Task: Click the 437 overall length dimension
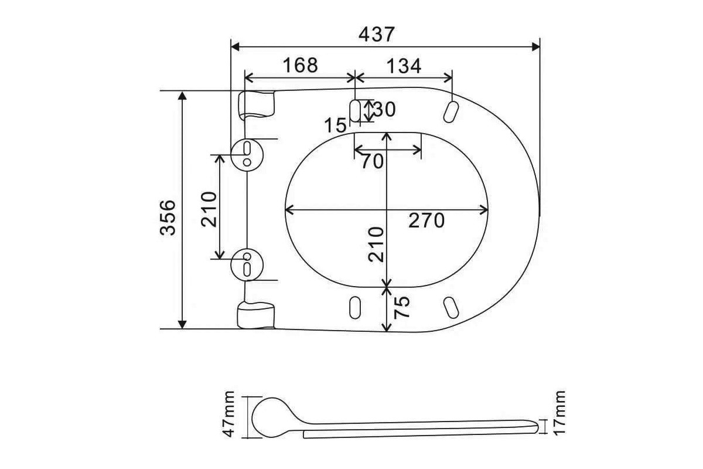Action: (376, 34)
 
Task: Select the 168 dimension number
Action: (301, 65)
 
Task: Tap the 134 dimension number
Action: (404, 66)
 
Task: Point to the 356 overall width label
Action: (168, 217)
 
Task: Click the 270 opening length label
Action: (426, 220)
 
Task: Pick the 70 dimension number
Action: (373, 161)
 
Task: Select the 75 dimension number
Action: (402, 307)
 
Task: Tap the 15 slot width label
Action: (335, 125)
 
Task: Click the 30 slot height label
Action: (385, 110)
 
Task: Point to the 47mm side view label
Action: (228, 414)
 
